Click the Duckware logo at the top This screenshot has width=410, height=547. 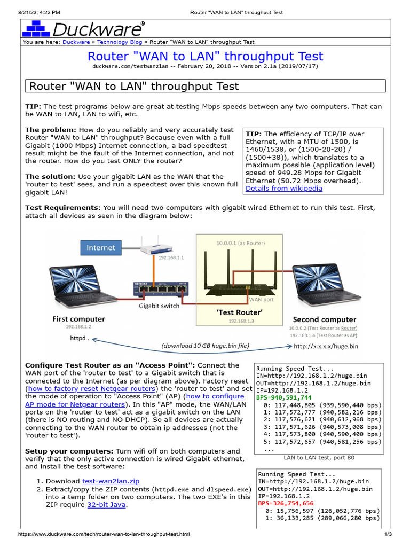[x=83, y=28]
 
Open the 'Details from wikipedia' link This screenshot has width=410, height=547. [x=283, y=188]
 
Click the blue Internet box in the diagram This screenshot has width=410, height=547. [x=100, y=247]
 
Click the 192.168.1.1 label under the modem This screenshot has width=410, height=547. [x=171, y=257]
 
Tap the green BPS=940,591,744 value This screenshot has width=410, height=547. [x=283, y=397]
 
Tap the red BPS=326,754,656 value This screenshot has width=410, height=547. [x=286, y=503]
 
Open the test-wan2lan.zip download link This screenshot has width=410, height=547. [x=111, y=481]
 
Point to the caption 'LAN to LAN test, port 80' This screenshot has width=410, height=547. [x=319, y=457]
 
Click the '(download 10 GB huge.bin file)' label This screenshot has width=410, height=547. [x=206, y=346]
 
